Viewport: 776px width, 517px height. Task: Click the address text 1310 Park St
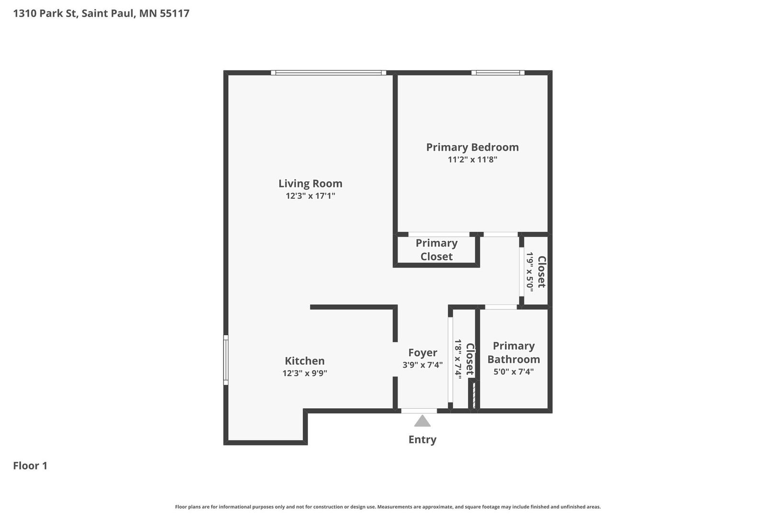(45, 13)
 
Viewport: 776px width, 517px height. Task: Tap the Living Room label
(310, 183)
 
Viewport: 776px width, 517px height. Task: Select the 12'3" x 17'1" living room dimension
(310, 196)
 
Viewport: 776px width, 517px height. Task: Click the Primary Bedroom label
(472, 147)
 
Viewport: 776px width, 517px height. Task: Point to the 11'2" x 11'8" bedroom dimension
(472, 159)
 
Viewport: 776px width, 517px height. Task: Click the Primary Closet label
(436, 250)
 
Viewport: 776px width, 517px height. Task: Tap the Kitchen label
(305, 361)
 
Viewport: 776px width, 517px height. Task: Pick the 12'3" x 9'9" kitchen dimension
(305, 373)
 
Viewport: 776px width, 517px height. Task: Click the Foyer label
(422, 353)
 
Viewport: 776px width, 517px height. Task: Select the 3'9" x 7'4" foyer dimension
(422, 365)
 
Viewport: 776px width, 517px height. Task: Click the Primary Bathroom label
(514, 352)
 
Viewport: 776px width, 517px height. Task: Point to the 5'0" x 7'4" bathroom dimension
(514, 372)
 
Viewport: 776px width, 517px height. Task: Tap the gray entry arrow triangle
(422, 421)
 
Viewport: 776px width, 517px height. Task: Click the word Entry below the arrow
(422, 440)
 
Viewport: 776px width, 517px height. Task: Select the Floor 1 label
(30, 466)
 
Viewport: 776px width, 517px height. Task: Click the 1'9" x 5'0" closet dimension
(530, 272)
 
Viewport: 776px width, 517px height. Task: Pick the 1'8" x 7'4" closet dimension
(458, 360)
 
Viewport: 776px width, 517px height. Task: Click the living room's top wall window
(329, 73)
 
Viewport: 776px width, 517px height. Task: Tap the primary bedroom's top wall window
(498, 73)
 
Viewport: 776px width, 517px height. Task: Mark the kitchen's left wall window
(226, 360)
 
